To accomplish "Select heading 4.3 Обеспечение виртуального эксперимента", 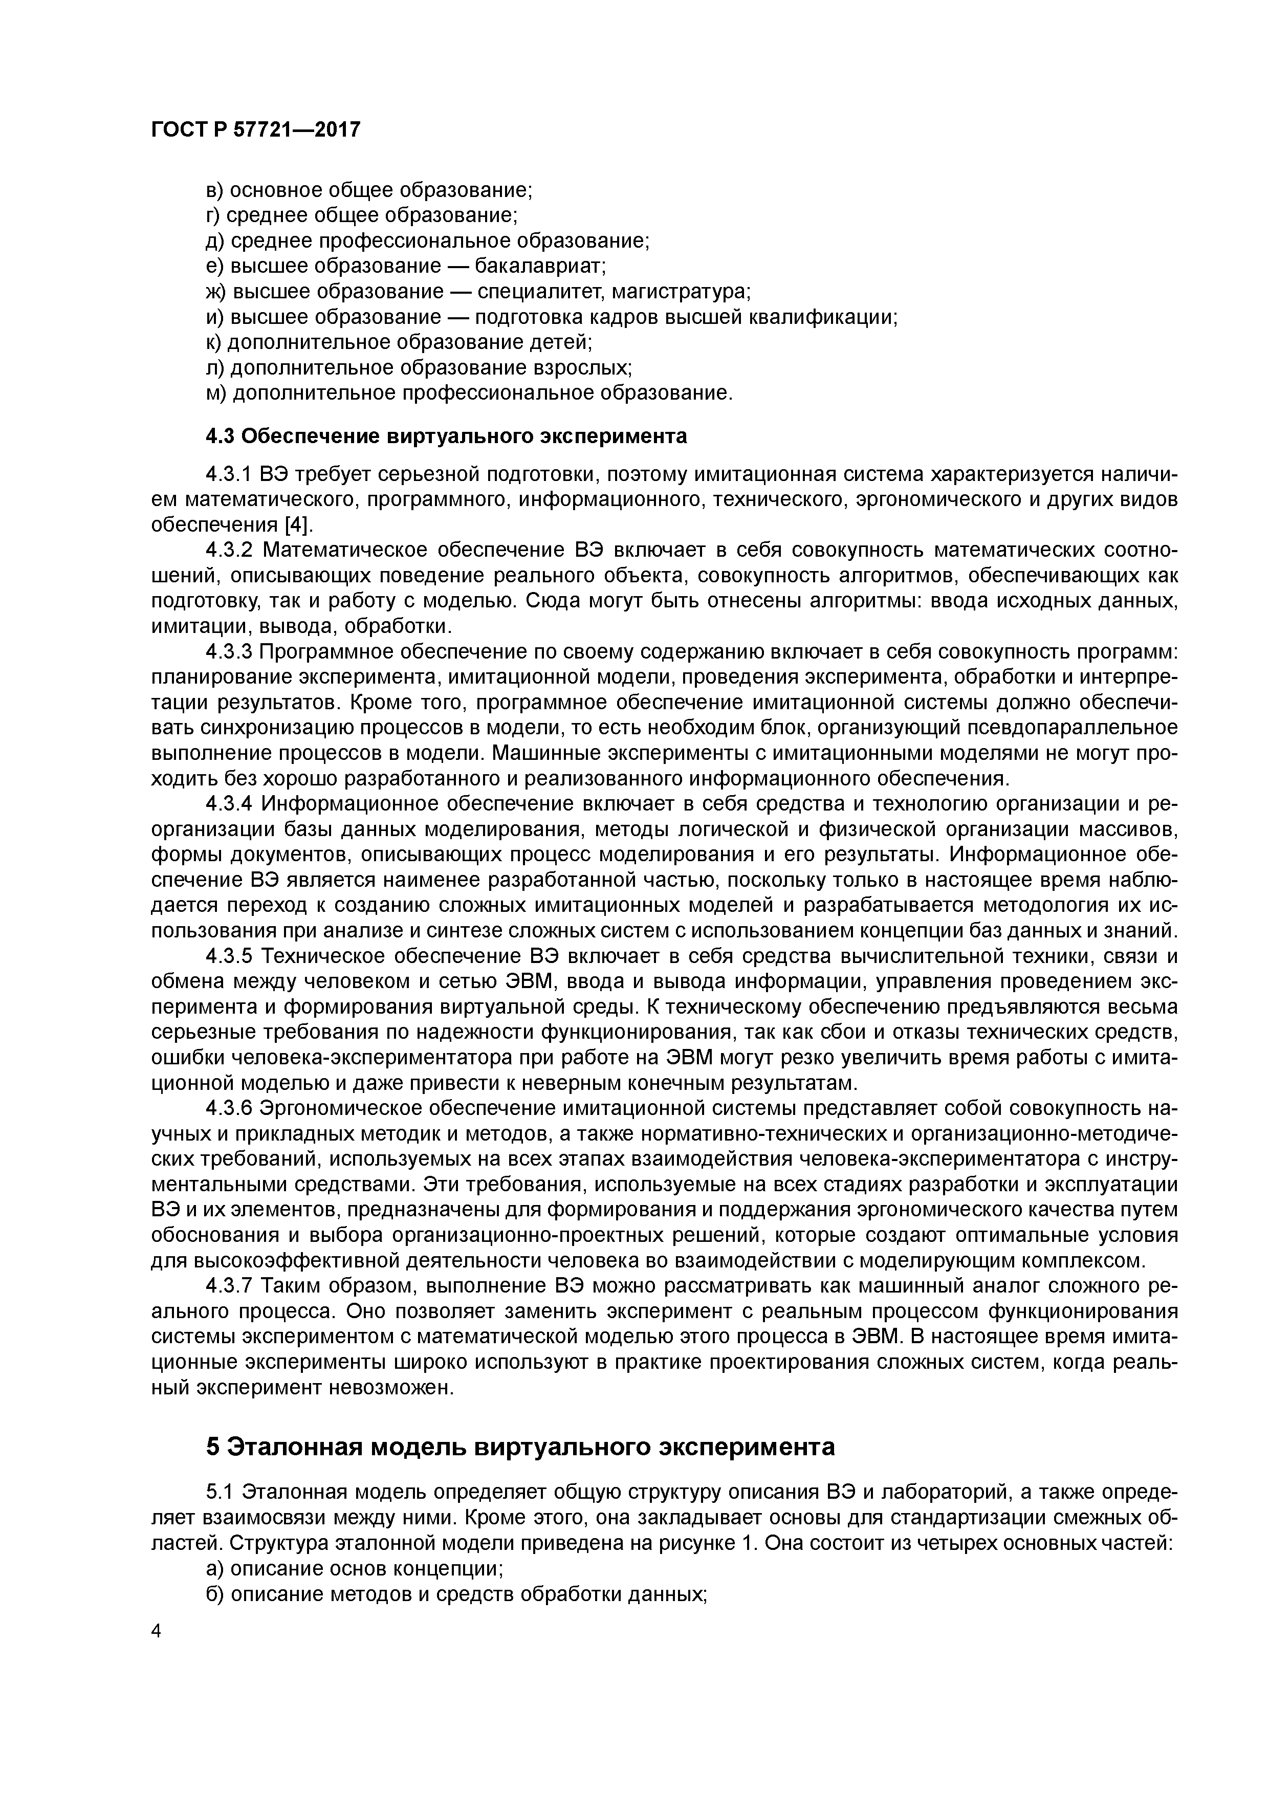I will [446, 436].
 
